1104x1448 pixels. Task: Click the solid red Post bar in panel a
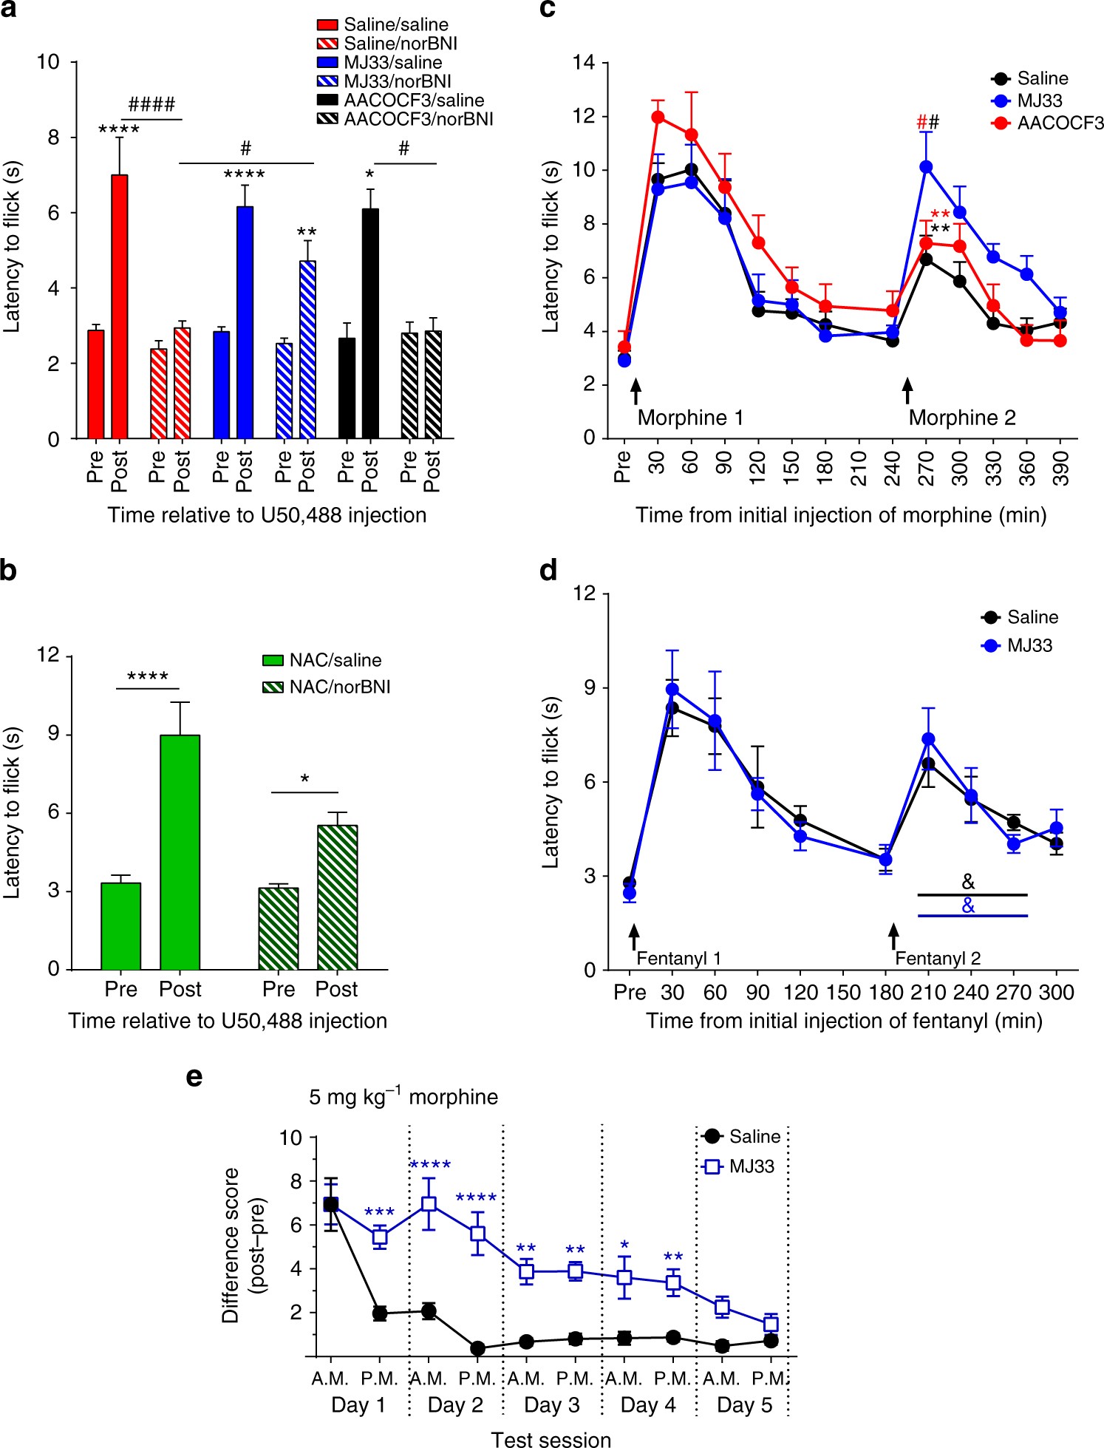coord(119,307)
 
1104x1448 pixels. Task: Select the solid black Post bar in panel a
coord(370,324)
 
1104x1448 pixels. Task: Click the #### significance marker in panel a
coord(151,104)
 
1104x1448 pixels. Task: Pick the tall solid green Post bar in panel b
coord(180,852)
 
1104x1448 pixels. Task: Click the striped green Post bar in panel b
coord(337,897)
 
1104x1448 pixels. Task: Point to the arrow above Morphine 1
coord(635,390)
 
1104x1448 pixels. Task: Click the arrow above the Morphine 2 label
coord(907,390)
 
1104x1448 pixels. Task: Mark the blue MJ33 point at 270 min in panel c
coord(926,167)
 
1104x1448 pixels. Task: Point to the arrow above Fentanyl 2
coord(893,936)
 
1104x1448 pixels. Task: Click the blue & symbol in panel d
coord(968,905)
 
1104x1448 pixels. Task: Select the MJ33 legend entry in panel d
coord(1029,645)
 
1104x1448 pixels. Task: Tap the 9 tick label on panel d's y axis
coord(590,688)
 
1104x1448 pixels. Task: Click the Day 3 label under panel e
coord(551,1404)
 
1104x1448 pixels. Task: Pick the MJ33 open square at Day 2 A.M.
coord(429,1204)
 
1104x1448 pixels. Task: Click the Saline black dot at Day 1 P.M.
coord(380,1313)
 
